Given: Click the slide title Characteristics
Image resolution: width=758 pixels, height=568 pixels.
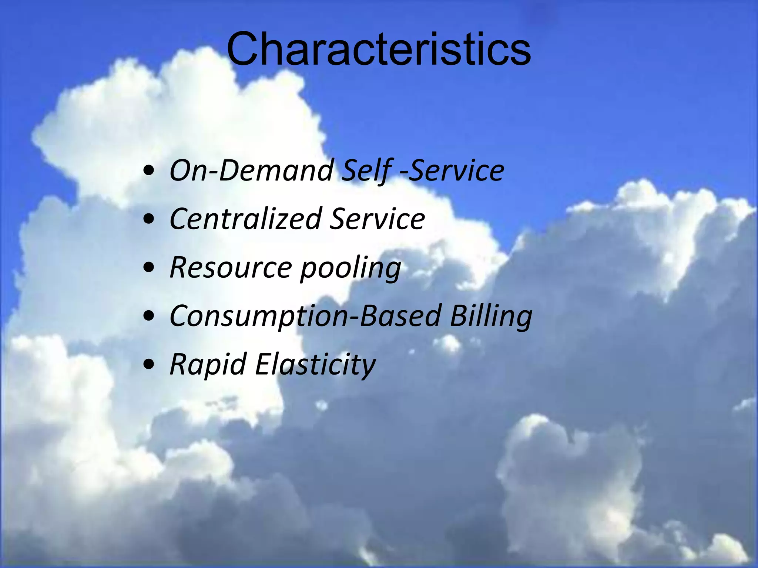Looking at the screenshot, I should coord(379,49).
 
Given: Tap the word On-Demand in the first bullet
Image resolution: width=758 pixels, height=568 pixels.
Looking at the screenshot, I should coord(252,171).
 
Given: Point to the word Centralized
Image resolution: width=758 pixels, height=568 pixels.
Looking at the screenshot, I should coord(245,219).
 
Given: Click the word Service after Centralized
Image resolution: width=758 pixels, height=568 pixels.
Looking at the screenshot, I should coord(377,219).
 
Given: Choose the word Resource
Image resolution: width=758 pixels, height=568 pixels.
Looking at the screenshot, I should coord(231,268).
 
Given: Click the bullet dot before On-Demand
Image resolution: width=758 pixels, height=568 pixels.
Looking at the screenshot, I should coord(149,172).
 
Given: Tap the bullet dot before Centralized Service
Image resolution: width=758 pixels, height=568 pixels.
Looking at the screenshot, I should coord(149,220).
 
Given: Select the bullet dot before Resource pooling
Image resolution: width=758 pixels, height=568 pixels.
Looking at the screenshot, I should coord(149,269).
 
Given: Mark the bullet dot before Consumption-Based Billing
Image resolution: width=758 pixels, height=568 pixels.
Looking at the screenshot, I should coord(149,317).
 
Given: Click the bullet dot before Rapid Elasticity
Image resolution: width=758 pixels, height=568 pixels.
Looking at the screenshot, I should coord(149,366).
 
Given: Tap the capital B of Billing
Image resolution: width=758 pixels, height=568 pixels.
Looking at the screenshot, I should coord(459,316).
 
